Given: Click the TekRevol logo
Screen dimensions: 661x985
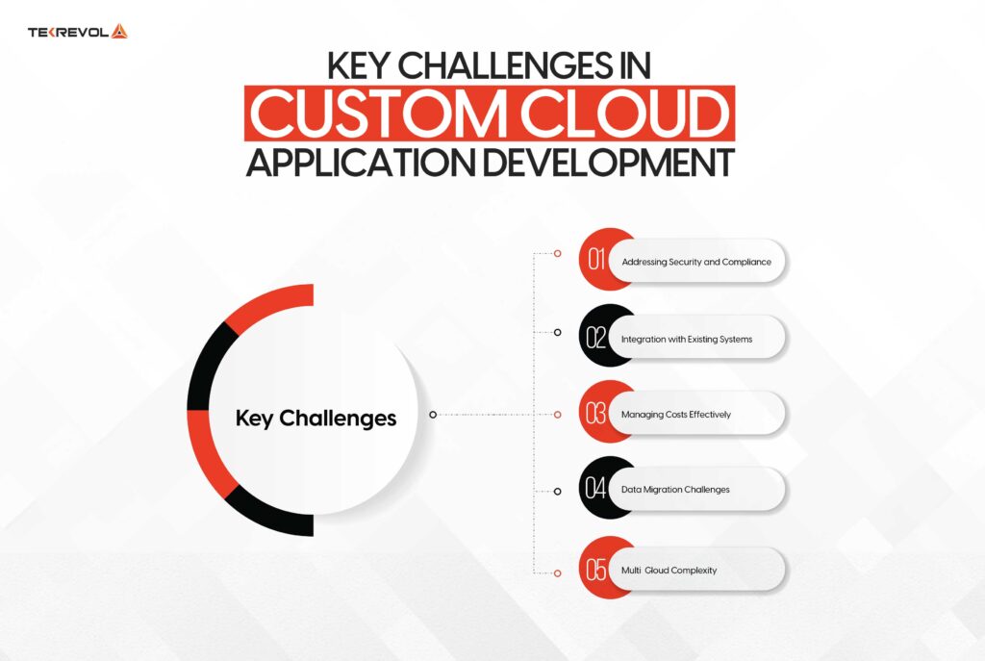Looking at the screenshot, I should [78, 32].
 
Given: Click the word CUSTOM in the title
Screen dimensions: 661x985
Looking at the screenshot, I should [377, 114].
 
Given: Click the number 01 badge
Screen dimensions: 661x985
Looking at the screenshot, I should [597, 261].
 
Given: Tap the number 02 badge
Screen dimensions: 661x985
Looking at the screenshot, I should [597, 338].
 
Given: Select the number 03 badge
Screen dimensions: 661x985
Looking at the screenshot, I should [597, 414].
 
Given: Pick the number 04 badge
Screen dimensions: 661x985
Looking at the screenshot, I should [597, 490].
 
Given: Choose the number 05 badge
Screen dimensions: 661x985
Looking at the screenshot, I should [597, 570].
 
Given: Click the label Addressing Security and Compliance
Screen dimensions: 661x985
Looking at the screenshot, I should [696, 262].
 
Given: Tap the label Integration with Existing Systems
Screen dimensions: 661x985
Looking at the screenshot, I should [687, 339].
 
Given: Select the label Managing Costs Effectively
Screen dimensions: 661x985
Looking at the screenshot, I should [676, 415].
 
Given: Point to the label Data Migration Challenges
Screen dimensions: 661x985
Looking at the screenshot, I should [675, 490].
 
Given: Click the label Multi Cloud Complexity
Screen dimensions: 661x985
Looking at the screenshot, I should [669, 571].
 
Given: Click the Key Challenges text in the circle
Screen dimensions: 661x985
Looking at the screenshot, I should [316, 419].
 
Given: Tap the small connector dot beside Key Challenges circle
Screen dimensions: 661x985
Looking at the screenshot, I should [433, 415].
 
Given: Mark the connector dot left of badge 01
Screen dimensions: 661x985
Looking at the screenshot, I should [557, 254].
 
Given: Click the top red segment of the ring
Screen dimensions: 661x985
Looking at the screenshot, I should [274, 299].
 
